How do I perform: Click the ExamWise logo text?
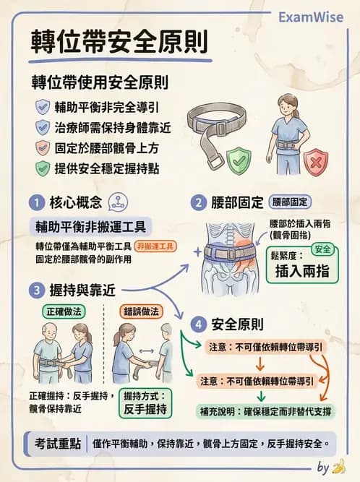coord(314,16)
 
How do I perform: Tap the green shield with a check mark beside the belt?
coord(238,160)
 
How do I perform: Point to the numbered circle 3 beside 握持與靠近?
coord(35,291)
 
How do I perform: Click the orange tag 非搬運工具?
coord(156,246)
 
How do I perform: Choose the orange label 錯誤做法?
coord(142,311)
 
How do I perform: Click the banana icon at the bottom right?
coord(338,468)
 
